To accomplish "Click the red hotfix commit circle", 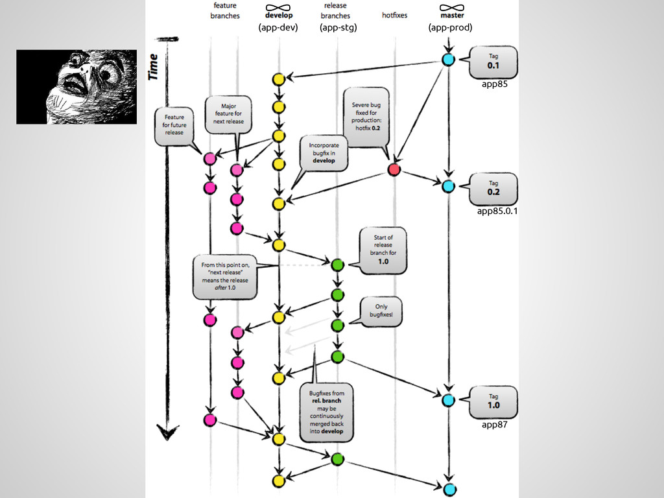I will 394,170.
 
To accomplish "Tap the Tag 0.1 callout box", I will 493,61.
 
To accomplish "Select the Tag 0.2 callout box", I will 494,187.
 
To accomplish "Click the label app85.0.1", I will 497,211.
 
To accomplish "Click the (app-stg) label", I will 338,28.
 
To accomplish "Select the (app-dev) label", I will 278,28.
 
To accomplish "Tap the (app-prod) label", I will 450,28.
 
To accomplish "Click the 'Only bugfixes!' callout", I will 379,311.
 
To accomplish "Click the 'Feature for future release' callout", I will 174,125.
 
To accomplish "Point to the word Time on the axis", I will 154,67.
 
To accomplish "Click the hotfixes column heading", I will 395,15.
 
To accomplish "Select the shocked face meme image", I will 77,86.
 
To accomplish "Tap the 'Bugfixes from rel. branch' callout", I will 327,412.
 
